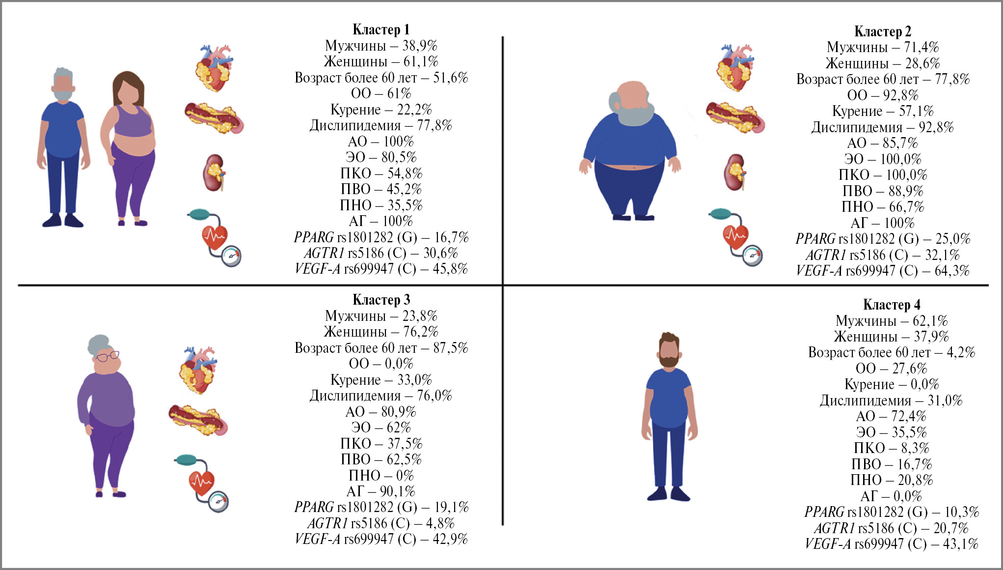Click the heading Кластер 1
click(x=380, y=30)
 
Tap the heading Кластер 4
click(x=892, y=305)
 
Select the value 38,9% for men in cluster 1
click(x=420, y=46)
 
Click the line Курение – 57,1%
click(x=883, y=111)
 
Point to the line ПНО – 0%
click(x=381, y=476)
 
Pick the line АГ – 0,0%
click(x=891, y=496)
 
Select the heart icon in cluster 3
click(x=198, y=370)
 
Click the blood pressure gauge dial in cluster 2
click(x=752, y=256)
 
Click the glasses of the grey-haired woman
click(x=108, y=356)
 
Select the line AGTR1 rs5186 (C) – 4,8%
click(x=381, y=523)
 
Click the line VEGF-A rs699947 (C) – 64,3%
click(x=883, y=271)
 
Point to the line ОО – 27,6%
click(x=891, y=369)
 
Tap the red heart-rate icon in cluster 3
click(x=201, y=483)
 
